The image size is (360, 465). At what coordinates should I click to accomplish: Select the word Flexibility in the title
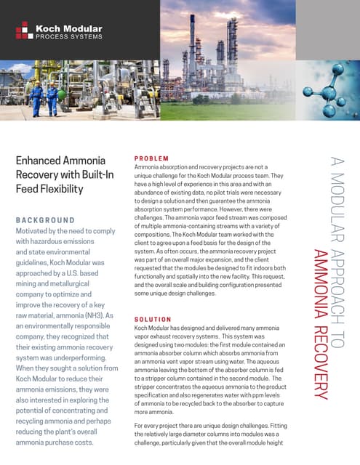click(58, 189)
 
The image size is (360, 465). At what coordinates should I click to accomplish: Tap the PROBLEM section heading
click(151, 158)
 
